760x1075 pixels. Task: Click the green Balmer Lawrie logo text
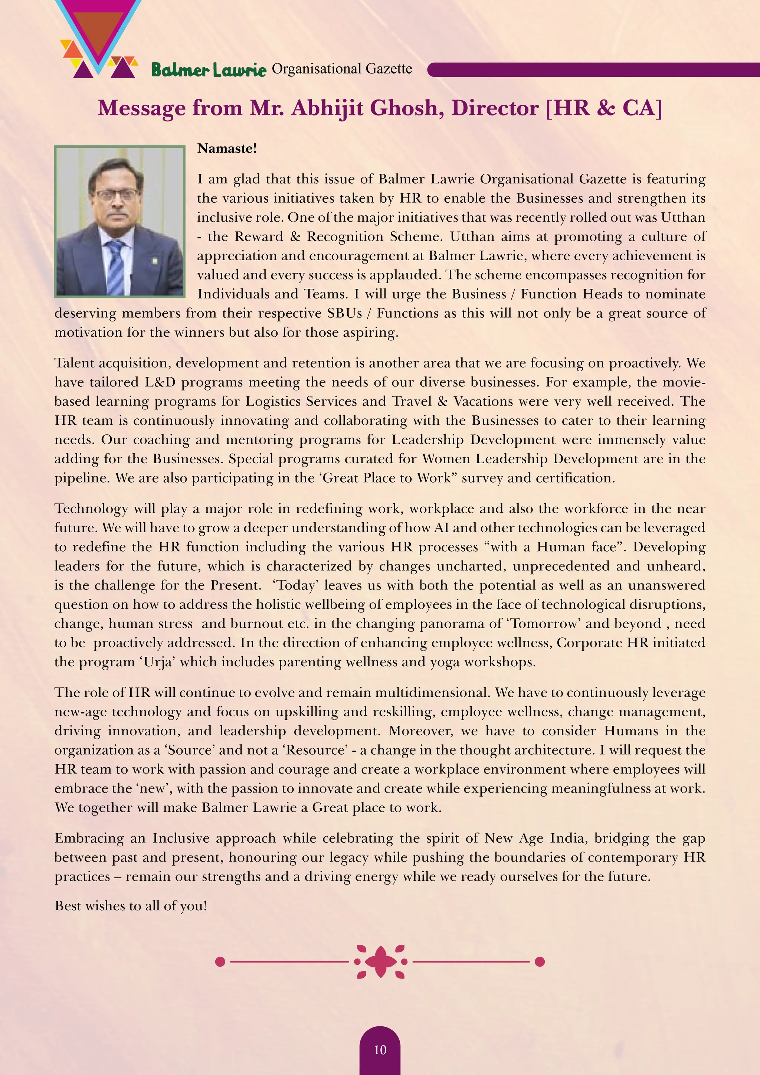point(208,70)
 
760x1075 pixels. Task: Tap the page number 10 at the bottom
point(380,1050)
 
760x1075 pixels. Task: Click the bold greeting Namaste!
point(227,148)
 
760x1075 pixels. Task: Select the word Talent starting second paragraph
point(75,363)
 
